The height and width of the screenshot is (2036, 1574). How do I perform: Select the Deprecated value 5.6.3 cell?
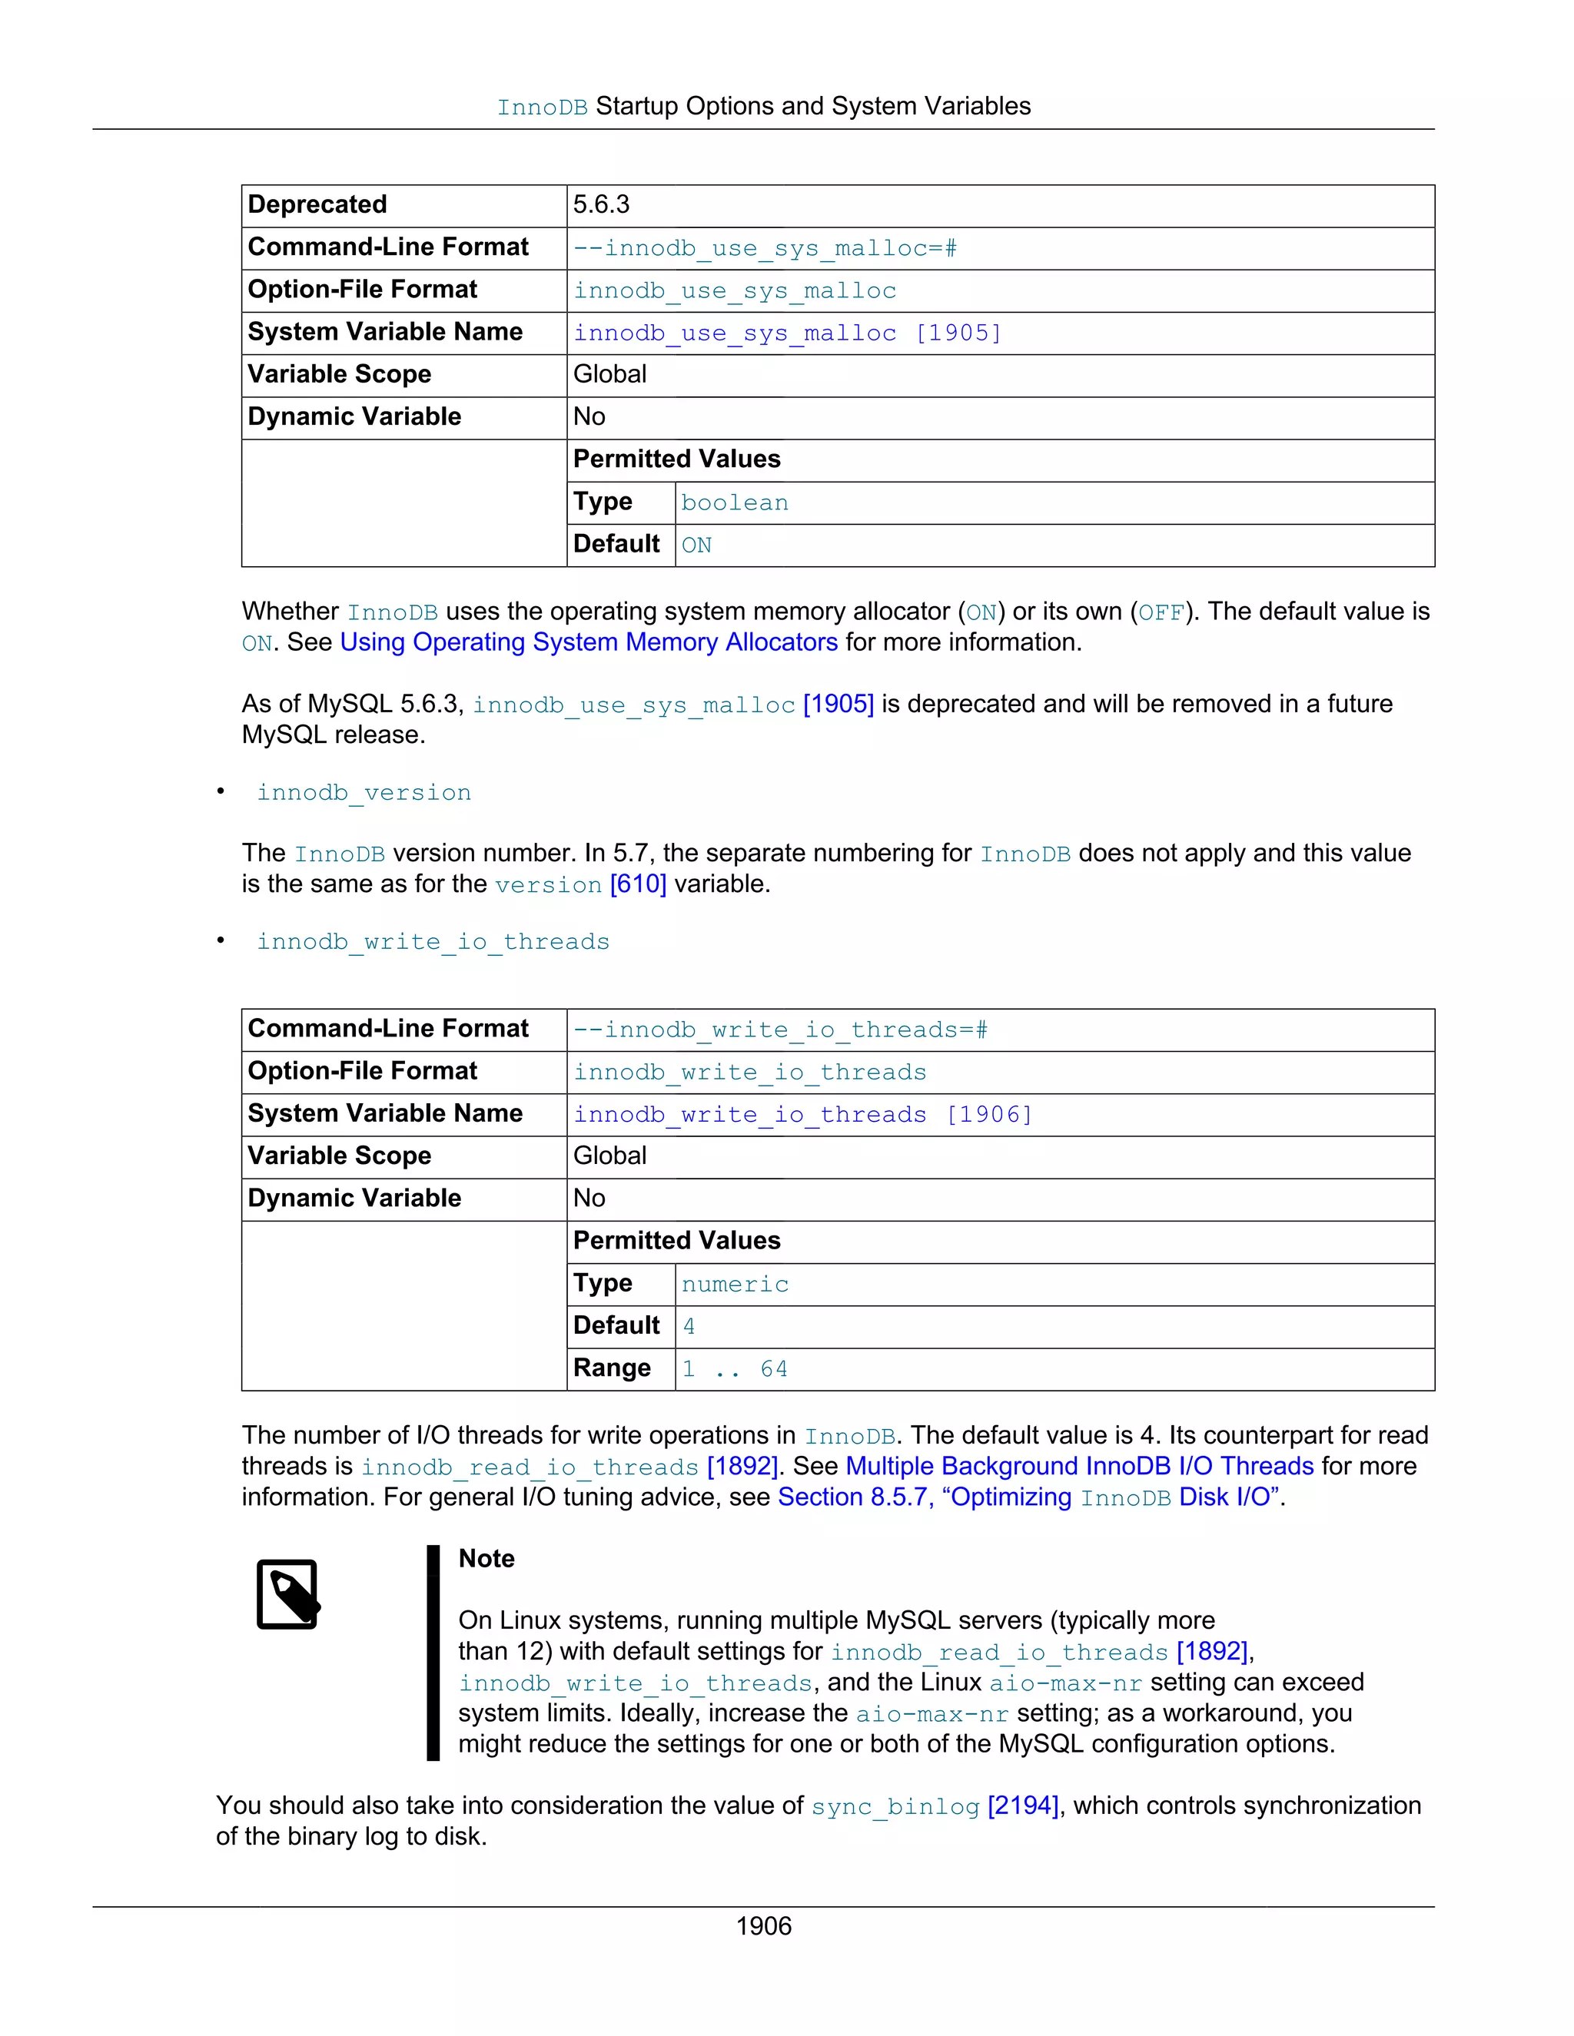click(602, 205)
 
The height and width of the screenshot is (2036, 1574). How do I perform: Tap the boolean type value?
click(734, 503)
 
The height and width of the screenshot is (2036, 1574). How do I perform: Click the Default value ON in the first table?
click(696, 545)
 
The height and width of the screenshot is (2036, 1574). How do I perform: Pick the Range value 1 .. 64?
click(734, 1368)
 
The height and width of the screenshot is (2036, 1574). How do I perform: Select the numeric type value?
click(734, 1285)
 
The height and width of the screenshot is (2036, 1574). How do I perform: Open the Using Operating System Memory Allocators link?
click(589, 642)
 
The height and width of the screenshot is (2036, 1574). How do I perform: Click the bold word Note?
click(486, 1559)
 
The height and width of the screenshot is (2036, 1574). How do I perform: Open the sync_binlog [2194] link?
click(935, 1806)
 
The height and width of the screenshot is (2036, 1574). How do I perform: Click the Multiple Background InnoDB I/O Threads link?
click(1079, 1467)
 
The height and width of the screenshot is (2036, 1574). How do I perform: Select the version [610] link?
click(580, 884)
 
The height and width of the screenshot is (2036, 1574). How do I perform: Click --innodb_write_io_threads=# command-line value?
click(779, 1030)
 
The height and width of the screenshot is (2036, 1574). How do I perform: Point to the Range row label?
click(612, 1368)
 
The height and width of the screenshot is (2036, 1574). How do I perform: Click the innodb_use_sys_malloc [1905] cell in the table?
click(786, 333)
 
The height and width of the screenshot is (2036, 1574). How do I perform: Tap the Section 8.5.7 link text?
click(853, 1497)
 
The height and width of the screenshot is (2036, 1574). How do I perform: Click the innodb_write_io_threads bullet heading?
click(433, 942)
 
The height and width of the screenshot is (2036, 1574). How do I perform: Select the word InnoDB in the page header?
click(542, 108)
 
